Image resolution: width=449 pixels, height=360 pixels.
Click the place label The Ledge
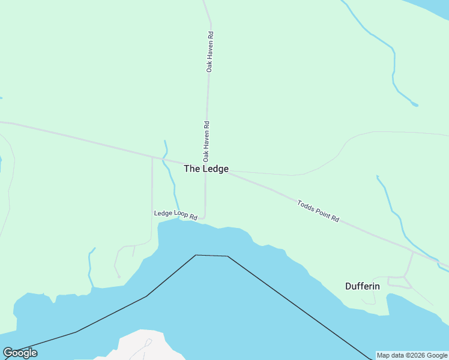(206, 169)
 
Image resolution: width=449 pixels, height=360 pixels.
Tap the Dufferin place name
(362, 286)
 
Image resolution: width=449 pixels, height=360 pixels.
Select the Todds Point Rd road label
(318, 211)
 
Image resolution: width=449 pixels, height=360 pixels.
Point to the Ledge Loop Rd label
(175, 214)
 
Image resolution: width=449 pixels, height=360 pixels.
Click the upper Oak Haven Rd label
(209, 52)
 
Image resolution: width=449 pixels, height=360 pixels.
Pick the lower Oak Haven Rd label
(206, 142)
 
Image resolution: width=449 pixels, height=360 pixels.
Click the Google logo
(20, 353)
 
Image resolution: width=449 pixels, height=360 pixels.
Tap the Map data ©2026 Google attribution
(412, 355)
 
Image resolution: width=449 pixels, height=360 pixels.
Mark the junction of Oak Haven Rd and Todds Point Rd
(206, 169)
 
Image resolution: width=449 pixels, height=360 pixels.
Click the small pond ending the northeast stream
(415, 105)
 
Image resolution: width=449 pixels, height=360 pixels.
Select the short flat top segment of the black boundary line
(211, 256)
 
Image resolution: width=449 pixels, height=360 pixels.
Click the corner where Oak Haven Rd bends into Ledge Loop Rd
(205, 217)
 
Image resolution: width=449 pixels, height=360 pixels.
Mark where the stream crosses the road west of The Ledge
(164, 160)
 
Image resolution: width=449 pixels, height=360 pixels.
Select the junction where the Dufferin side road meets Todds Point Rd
(414, 252)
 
